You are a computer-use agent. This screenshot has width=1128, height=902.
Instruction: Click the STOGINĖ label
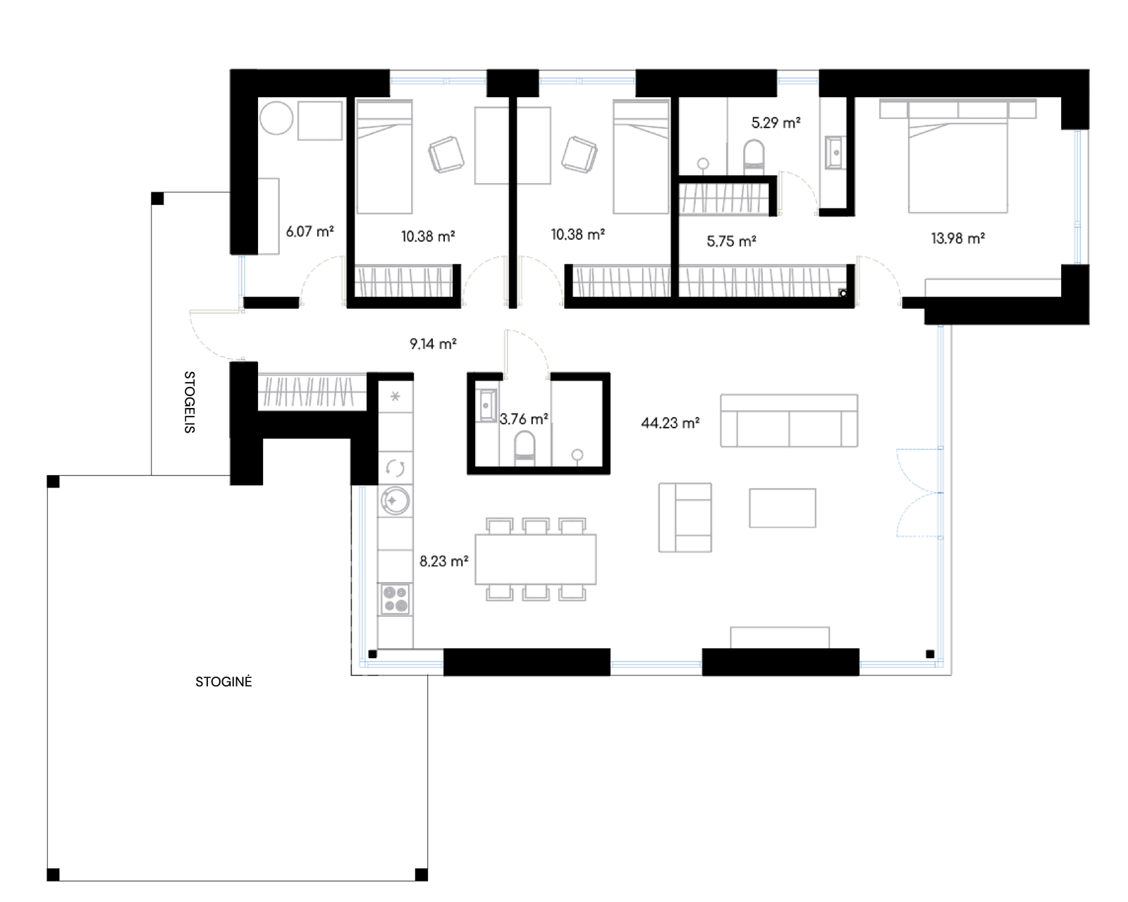223,681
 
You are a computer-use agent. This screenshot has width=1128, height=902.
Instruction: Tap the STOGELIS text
189,402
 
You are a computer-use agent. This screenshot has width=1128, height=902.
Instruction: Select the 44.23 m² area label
670,423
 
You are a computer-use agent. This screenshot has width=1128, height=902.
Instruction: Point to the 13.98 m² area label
957,238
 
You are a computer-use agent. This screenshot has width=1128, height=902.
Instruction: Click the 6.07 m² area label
309,231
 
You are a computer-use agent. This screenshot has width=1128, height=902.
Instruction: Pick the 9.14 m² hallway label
433,344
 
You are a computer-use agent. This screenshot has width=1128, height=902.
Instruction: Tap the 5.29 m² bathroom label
775,123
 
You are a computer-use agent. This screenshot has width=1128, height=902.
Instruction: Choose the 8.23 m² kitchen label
444,562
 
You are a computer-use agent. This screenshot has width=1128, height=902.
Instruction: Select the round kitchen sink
396,500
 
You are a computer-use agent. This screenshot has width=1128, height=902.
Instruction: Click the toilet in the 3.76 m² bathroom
525,449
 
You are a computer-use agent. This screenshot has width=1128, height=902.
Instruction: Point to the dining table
536,560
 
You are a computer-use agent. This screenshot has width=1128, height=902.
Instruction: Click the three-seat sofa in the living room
789,421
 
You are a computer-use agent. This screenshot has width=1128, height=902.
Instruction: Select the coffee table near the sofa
782,508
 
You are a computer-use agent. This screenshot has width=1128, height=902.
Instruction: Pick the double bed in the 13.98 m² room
957,164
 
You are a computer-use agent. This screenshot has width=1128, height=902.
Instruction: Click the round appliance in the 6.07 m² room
276,118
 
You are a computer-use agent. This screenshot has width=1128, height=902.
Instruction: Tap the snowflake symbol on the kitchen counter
396,396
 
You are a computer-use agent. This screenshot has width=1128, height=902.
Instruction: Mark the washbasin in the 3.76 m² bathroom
487,406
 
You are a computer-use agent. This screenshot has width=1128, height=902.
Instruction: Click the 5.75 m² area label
731,242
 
